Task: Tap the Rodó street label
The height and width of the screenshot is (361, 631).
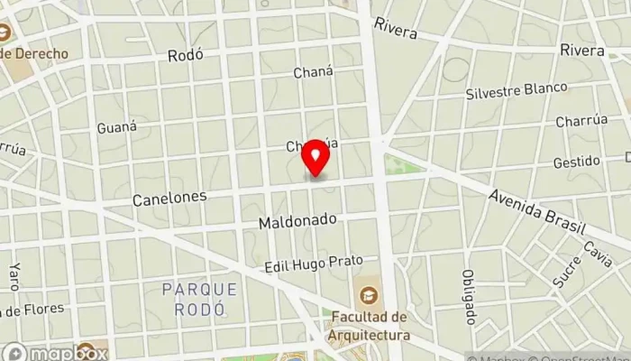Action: click(x=186, y=55)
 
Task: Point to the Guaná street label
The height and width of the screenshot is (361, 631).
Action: click(x=117, y=127)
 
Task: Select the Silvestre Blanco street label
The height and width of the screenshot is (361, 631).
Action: click(x=517, y=91)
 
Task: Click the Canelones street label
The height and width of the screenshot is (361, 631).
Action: click(x=169, y=196)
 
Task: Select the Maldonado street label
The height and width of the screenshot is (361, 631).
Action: click(x=297, y=220)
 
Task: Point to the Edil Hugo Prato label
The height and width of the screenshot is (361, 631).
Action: click(x=313, y=264)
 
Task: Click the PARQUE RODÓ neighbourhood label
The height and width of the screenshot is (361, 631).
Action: click(x=200, y=299)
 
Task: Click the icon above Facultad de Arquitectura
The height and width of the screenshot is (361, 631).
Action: click(x=369, y=295)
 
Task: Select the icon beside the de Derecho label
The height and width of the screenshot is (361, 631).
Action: click(x=5, y=35)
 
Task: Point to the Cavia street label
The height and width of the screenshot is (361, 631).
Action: click(x=597, y=255)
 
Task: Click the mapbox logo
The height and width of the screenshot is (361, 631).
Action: click(x=54, y=353)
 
